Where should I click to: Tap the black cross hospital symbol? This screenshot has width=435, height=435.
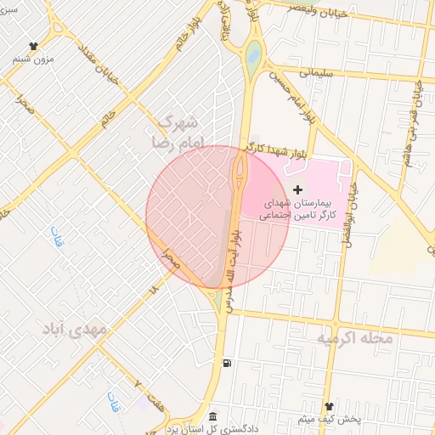coord(297,189)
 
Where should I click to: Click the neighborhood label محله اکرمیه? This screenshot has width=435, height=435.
coord(356,338)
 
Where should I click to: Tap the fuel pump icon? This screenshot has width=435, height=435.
coord(227,364)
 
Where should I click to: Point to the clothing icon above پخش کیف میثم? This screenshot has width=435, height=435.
coord(330,406)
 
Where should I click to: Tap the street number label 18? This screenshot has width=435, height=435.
coord(154,289)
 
